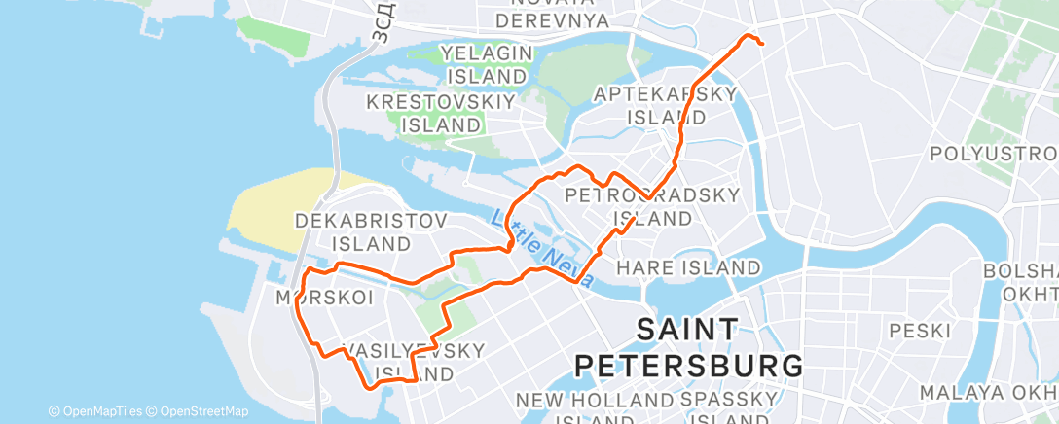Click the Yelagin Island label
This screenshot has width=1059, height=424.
tap(484, 63)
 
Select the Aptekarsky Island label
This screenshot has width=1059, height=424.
tap(666, 105)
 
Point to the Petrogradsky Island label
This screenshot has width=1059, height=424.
tap(653, 206)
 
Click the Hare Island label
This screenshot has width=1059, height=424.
tap(689, 266)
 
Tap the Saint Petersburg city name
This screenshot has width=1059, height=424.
tap(690, 347)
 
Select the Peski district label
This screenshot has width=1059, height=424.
tap(918, 331)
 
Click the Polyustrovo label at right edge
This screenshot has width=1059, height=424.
tap(994, 154)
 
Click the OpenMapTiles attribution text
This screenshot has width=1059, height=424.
tap(95, 411)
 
